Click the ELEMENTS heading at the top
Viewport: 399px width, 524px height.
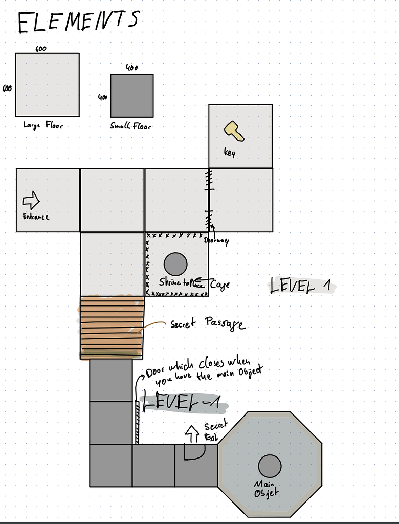point(78,21)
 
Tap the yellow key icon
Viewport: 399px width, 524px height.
point(234,131)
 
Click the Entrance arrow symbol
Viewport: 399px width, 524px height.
point(31,200)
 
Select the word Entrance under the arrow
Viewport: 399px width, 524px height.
point(36,216)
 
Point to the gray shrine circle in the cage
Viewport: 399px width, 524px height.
point(175,264)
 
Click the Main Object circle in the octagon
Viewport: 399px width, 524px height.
point(270,466)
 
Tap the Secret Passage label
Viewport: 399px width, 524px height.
point(207,324)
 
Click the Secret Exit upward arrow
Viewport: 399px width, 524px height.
point(192,433)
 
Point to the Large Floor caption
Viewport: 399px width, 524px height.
point(43,125)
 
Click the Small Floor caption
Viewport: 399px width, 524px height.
point(131,126)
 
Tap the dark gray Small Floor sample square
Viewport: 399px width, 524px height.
point(132,96)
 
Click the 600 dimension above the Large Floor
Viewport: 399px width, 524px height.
point(41,49)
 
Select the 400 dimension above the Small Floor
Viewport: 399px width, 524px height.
point(132,68)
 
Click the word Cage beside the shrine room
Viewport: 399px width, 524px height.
point(219,284)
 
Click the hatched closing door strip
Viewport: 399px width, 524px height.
point(137,422)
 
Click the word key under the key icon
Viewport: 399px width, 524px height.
point(229,152)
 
